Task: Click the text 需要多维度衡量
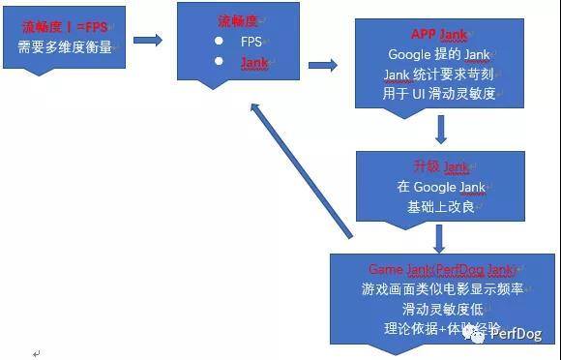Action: click(x=64, y=46)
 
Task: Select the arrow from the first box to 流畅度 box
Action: click(x=147, y=40)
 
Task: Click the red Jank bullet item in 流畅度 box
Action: click(x=254, y=61)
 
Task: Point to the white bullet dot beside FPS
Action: click(x=219, y=42)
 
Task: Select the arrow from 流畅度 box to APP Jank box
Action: click(x=322, y=66)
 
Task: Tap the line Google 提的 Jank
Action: click(x=439, y=54)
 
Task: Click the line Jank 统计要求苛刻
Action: click(x=439, y=74)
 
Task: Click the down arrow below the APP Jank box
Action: click(x=440, y=130)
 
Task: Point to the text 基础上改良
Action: click(x=439, y=205)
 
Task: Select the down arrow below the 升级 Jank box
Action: click(x=440, y=236)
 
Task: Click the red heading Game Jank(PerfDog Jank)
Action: click(x=440, y=268)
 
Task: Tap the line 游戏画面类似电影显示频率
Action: click(x=440, y=287)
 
